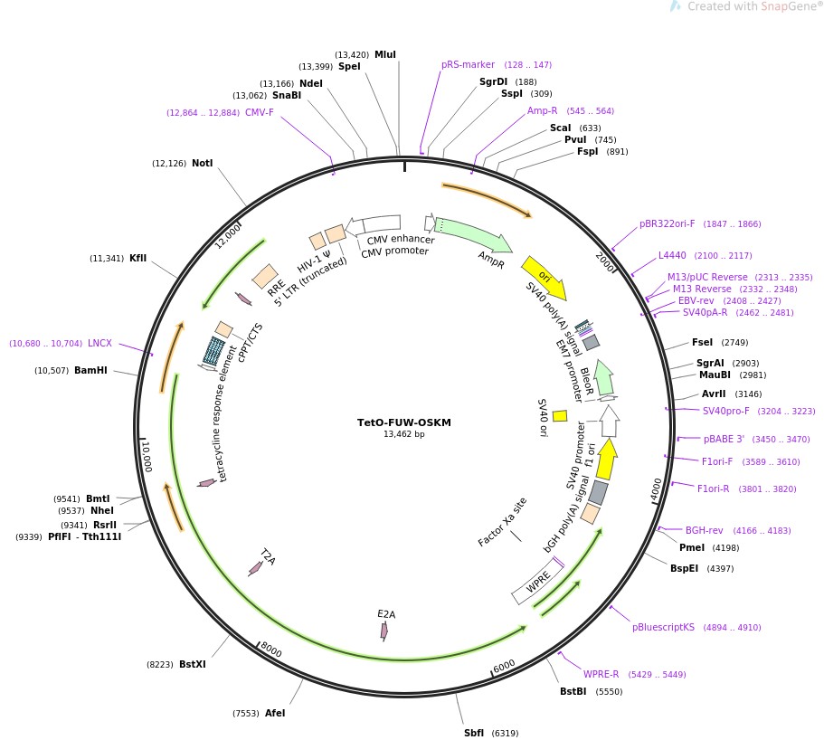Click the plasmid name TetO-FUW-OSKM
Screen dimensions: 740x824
coord(403,422)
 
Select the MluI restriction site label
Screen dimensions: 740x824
coord(385,54)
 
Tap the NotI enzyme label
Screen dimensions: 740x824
coord(202,163)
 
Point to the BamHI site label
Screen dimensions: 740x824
coord(90,370)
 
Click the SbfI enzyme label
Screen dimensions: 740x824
coord(474,733)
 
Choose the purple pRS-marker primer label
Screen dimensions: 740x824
coord(468,64)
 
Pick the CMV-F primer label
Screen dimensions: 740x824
coord(260,113)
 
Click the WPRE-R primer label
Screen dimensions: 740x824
coord(601,674)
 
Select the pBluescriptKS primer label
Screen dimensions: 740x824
coord(663,627)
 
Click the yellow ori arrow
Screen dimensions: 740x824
coord(544,276)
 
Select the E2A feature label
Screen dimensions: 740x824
coord(386,614)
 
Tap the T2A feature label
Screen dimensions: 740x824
coord(267,555)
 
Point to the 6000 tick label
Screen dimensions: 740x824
coord(504,666)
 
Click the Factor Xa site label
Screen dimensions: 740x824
coord(502,522)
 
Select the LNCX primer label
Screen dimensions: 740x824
coord(99,343)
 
